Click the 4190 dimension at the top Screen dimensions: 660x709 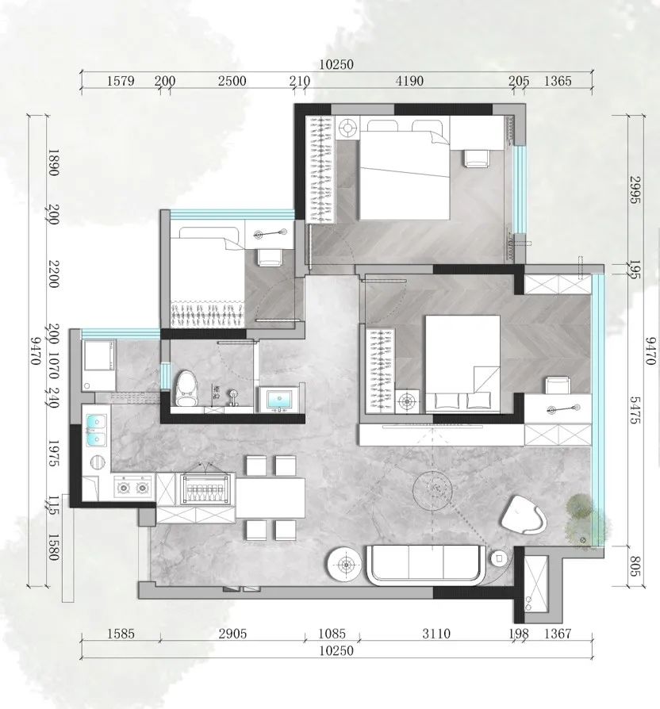click(409, 81)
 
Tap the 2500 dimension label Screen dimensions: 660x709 click(232, 81)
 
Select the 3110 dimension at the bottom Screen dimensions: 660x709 click(436, 634)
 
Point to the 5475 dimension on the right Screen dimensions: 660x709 click(635, 410)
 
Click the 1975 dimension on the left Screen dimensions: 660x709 click(53, 453)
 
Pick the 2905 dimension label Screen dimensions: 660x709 click(232, 634)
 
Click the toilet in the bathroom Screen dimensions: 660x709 click(185, 389)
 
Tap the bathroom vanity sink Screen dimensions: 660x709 click(279, 399)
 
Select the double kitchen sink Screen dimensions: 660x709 click(96, 430)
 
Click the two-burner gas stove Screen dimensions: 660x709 click(133, 487)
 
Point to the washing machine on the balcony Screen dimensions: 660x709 click(99, 366)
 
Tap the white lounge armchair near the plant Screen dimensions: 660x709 click(523, 515)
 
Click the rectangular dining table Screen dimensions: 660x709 click(270, 498)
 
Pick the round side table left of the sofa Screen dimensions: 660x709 click(346, 565)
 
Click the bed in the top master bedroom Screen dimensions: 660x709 click(405, 170)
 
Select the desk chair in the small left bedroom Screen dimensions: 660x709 click(270, 258)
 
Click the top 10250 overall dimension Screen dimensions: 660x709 click(336, 64)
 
